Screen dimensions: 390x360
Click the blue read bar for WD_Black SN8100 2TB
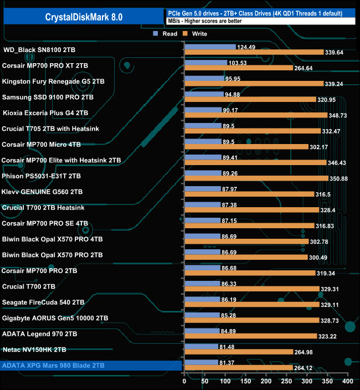(x=209, y=47)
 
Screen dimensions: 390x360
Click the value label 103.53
(x=240, y=63)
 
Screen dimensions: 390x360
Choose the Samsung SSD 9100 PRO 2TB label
(x=48, y=97)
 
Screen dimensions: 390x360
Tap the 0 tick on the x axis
(x=184, y=382)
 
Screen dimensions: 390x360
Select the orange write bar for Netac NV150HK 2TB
(x=239, y=352)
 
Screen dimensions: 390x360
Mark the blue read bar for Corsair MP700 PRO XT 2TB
(x=205, y=63)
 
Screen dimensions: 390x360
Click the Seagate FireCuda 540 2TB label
(x=43, y=302)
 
